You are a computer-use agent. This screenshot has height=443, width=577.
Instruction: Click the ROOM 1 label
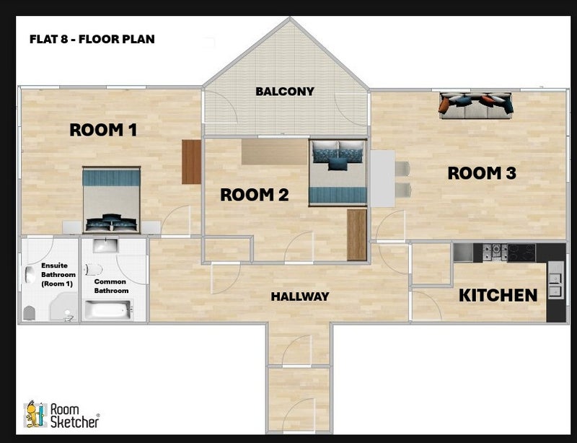103,130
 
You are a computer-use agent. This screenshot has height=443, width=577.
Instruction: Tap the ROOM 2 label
255,195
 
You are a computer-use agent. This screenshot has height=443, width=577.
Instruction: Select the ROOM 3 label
482,173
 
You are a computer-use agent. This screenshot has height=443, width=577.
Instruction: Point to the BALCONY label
285,92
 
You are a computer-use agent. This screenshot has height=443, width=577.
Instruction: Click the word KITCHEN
498,295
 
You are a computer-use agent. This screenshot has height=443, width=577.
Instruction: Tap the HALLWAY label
300,297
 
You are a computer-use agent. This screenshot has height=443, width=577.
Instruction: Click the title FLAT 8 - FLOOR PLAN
92,39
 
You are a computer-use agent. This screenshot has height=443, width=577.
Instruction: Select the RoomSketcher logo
61,415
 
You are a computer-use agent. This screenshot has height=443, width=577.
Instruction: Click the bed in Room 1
112,200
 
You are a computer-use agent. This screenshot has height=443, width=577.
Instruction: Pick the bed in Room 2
338,172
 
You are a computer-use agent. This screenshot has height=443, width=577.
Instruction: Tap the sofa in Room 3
475,105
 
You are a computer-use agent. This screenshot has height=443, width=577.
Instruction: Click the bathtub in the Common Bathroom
107,310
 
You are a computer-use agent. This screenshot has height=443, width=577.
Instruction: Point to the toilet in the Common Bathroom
94,270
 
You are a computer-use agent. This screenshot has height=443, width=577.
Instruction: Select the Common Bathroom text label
111,286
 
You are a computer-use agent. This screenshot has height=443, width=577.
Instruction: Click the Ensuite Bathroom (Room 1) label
58,275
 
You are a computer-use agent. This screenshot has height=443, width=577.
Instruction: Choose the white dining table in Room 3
383,178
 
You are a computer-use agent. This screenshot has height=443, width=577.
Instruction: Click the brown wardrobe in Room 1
191,162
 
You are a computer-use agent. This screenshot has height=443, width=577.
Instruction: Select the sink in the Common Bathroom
105,245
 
